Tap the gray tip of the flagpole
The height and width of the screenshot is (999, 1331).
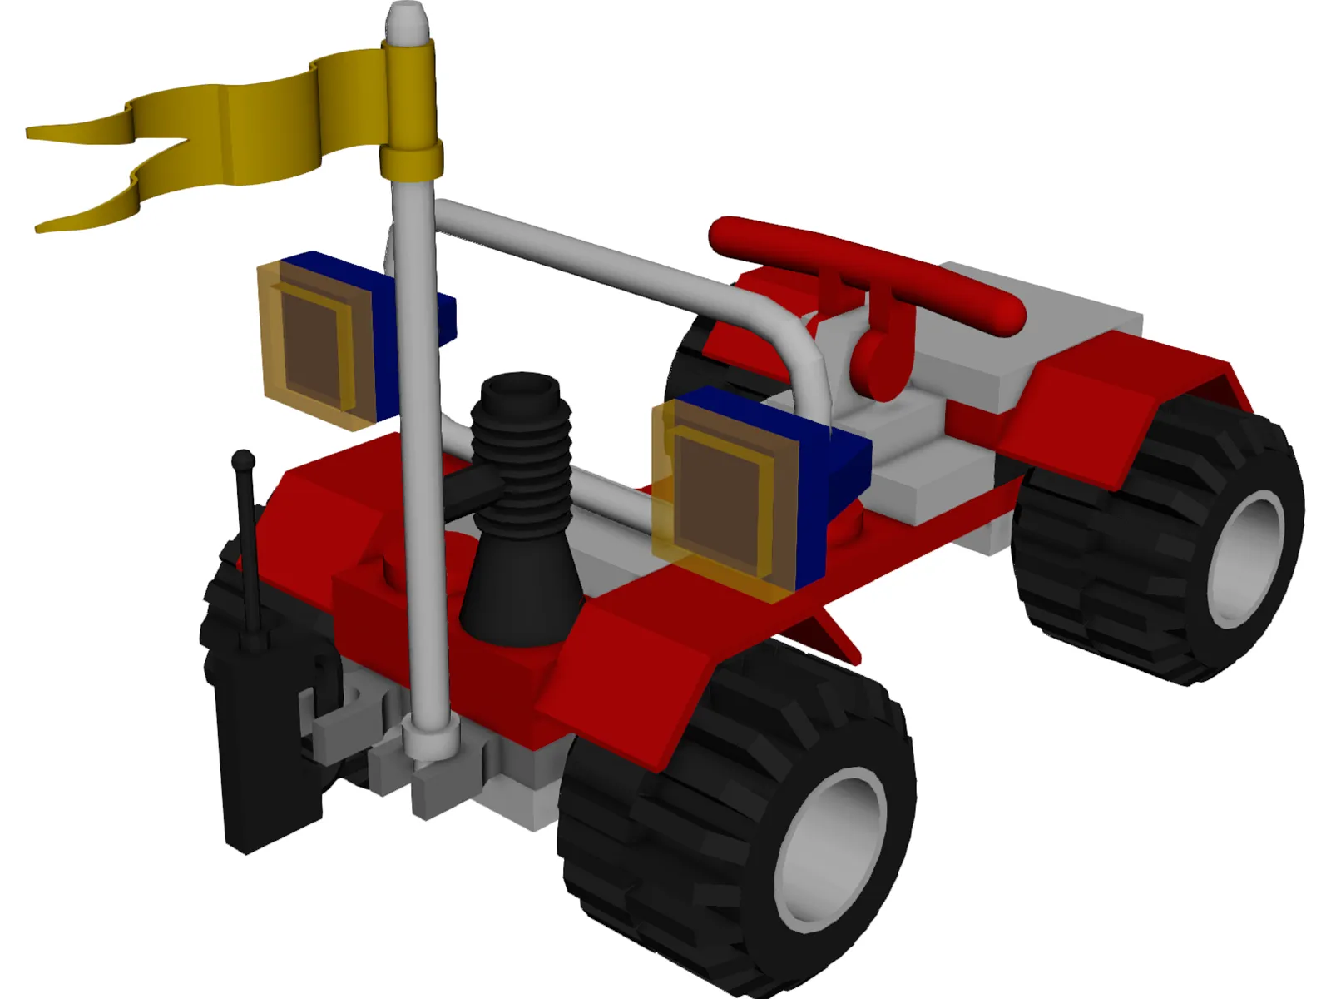(408, 18)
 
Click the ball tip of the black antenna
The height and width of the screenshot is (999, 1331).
(243, 459)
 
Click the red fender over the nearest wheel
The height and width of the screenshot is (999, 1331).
(632, 666)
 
